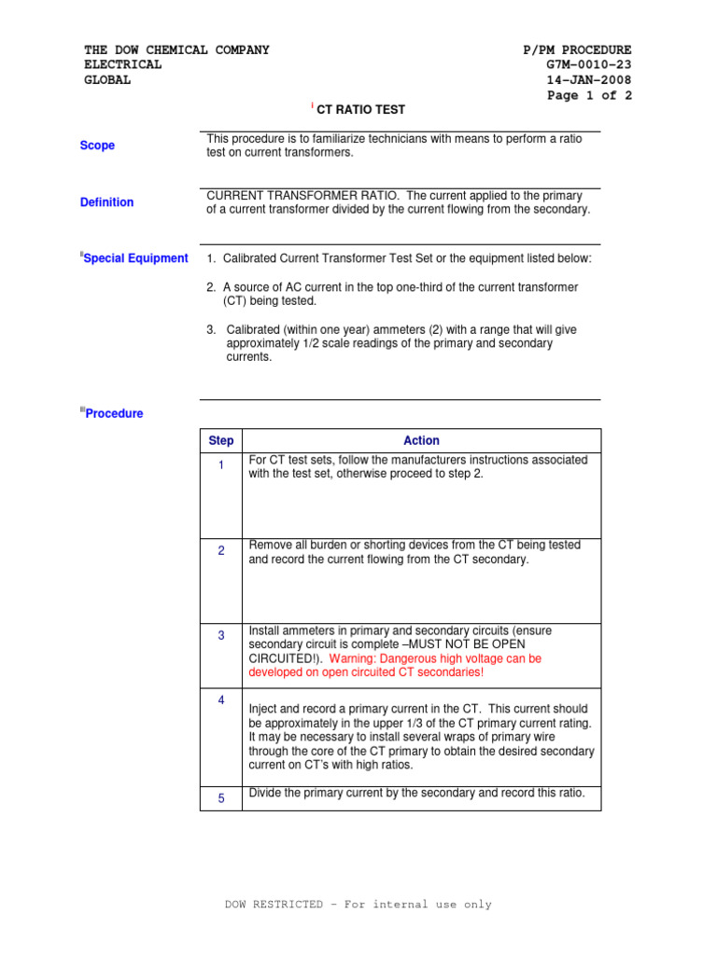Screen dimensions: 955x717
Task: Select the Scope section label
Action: coord(98,145)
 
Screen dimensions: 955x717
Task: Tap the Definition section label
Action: coord(106,202)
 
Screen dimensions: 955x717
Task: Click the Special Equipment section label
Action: coord(135,258)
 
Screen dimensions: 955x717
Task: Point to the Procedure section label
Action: coord(114,413)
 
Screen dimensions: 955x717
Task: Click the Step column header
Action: coord(221,441)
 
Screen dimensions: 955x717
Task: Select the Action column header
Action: coord(421,441)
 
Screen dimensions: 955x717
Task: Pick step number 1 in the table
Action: coord(221,465)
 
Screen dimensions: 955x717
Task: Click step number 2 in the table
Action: coord(221,551)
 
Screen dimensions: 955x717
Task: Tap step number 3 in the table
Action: coord(221,636)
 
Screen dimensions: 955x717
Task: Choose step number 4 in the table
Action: coord(221,700)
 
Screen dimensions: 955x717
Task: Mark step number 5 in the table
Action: coord(221,798)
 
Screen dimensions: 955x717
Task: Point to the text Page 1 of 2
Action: coord(588,95)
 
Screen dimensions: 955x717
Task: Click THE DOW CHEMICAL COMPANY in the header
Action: coord(176,50)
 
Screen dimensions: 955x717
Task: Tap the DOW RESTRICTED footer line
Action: coord(358,905)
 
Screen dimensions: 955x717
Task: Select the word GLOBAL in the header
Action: coord(107,80)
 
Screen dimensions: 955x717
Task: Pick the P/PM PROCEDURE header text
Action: coord(577,50)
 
